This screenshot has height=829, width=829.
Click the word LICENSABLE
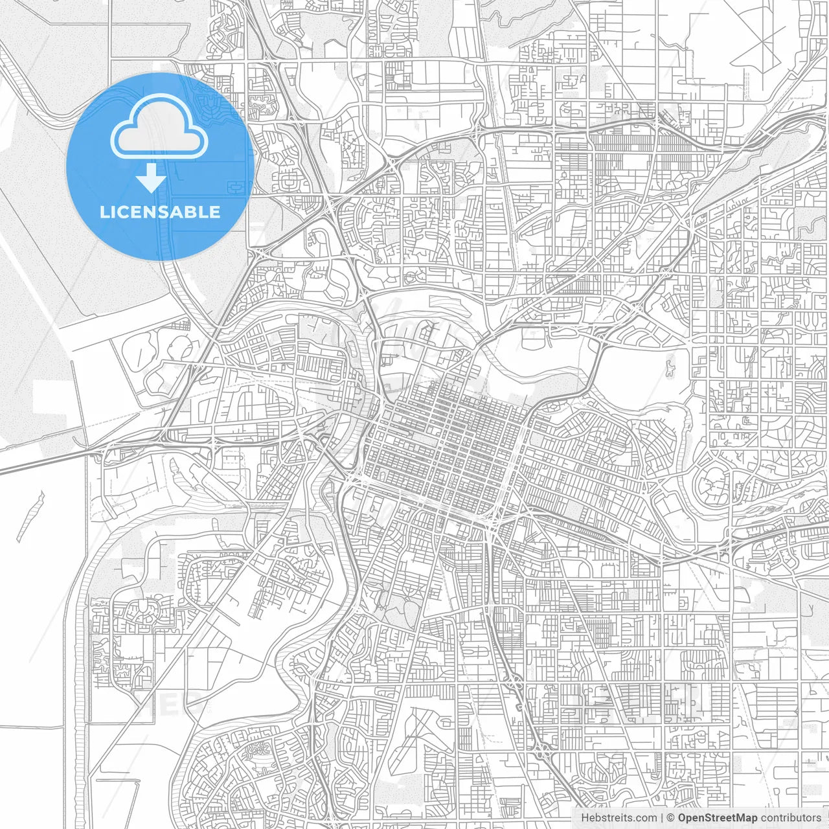tap(160, 212)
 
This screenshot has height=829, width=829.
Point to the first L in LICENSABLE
tap(104, 212)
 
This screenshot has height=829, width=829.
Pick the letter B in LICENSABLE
tap(192, 212)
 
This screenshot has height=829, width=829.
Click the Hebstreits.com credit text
tap(619, 818)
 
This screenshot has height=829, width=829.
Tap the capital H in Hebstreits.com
tap(585, 818)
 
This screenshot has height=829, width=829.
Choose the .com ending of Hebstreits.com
tap(645, 818)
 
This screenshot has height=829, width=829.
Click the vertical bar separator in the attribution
tap(662, 818)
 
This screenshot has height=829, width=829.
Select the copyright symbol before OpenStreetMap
tap(671, 818)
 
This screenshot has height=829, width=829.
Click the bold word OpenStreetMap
tap(718, 818)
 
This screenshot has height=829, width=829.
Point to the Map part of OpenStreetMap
tap(746, 818)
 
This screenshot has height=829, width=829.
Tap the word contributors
tap(791, 818)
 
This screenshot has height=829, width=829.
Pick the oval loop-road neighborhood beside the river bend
tap(710, 482)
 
